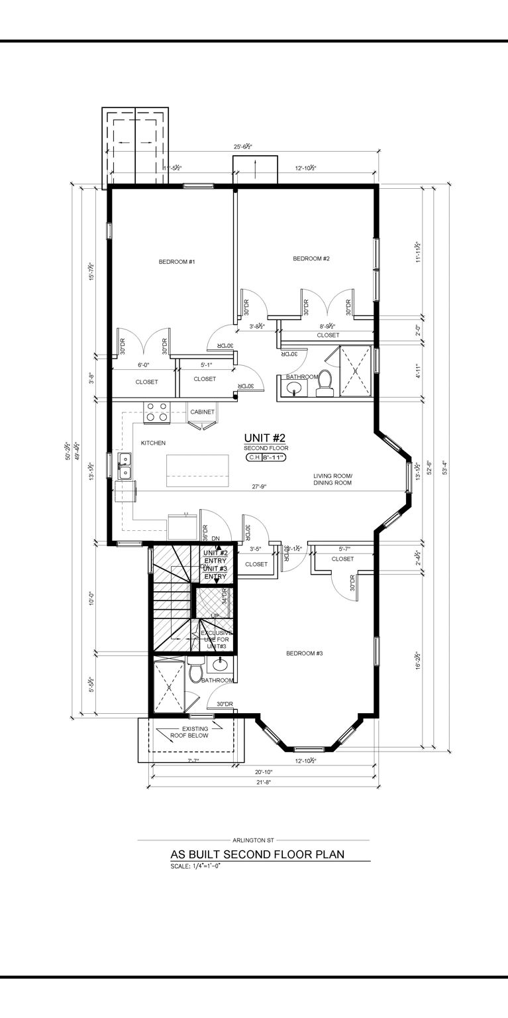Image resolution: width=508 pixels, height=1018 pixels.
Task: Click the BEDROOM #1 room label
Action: click(176, 262)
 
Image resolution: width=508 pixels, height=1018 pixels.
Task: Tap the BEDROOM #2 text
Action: click(311, 258)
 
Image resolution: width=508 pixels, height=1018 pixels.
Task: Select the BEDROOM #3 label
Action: click(304, 653)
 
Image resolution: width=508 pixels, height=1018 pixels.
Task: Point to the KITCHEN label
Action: click(153, 443)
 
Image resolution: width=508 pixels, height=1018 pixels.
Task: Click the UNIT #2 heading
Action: click(264, 437)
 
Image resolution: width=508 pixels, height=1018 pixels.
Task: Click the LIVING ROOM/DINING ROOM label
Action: click(332, 480)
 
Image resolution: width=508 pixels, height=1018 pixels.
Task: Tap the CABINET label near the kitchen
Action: click(202, 412)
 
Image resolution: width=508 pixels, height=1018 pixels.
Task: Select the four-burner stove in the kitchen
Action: click(157, 412)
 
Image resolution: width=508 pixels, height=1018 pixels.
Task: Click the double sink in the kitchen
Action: click(125, 466)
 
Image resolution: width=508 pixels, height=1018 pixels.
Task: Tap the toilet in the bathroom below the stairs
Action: click(195, 672)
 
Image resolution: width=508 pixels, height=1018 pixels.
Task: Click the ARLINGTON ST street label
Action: click(253, 840)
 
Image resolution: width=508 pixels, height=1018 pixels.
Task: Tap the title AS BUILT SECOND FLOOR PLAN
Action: click(258, 854)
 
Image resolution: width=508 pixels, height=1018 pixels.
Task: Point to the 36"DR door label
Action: click(205, 533)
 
